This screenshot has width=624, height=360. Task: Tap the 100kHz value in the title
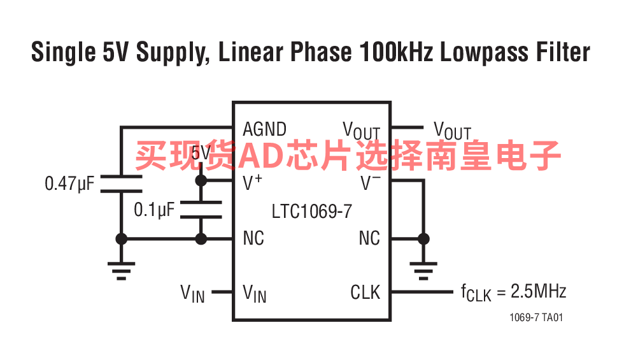[x=396, y=52]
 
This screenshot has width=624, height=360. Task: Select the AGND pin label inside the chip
[x=265, y=129]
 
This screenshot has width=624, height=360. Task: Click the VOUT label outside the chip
[x=453, y=131]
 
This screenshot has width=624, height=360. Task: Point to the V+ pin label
[x=252, y=182]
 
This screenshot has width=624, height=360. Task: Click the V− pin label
[x=370, y=183]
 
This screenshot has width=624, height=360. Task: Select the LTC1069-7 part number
[x=311, y=211]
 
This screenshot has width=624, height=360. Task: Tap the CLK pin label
[x=365, y=292]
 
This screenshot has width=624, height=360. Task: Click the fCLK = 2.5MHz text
[x=513, y=292]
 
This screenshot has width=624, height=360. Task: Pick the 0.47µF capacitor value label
[x=69, y=184]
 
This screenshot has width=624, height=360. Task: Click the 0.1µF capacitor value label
[x=154, y=210]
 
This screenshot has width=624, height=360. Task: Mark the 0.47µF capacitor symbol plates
[x=122, y=184]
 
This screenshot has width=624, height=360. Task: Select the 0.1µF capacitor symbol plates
[x=201, y=210]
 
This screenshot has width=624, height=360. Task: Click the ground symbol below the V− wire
[x=423, y=271]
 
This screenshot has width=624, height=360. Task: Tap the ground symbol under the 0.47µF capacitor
[x=122, y=271]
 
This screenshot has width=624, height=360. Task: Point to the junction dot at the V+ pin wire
[x=201, y=181]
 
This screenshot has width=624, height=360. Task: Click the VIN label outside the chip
[x=192, y=294]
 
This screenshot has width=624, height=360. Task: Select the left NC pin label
[x=253, y=238]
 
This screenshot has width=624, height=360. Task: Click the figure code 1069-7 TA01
[x=536, y=317]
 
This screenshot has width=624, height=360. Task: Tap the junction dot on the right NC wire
[x=423, y=239]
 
